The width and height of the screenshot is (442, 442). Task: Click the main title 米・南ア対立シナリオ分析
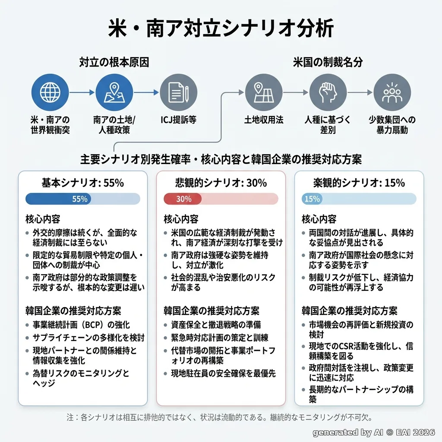pyautogui.click(x=221, y=28)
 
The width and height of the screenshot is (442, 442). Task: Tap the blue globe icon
pyautogui.click(x=50, y=92)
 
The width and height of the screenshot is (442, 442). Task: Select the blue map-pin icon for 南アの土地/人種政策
pyautogui.click(x=114, y=92)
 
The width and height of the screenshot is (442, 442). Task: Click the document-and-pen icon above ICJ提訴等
pyautogui.click(x=178, y=92)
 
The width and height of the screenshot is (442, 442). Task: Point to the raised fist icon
pyautogui.click(x=328, y=92)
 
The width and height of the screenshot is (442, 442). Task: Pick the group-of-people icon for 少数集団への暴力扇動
pyautogui.click(x=392, y=92)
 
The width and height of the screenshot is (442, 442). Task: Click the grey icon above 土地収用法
pyautogui.click(x=264, y=92)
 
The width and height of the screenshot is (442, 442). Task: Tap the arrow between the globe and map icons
pyautogui.click(x=82, y=92)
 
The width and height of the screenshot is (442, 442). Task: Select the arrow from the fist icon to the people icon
pyautogui.click(x=360, y=92)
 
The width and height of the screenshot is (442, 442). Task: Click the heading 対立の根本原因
pyautogui.click(x=114, y=62)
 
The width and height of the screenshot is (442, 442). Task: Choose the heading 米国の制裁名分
pyautogui.click(x=328, y=62)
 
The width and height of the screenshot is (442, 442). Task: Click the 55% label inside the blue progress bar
pyautogui.click(x=80, y=199)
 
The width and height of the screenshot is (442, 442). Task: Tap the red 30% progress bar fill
pyautogui.click(x=183, y=199)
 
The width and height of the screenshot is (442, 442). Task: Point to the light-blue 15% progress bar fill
pyautogui.click(x=312, y=199)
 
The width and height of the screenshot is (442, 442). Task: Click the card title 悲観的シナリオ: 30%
pyautogui.click(x=221, y=183)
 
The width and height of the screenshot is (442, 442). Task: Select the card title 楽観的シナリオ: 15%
pyautogui.click(x=359, y=183)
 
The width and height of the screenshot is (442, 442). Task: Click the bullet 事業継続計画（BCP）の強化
pyautogui.click(x=81, y=325)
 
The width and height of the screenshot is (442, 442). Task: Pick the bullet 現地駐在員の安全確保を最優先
pyautogui.click(x=223, y=373)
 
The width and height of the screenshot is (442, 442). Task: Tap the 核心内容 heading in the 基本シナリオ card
pyautogui.click(x=43, y=219)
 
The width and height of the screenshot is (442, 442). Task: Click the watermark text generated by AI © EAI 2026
pyautogui.click(x=374, y=433)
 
